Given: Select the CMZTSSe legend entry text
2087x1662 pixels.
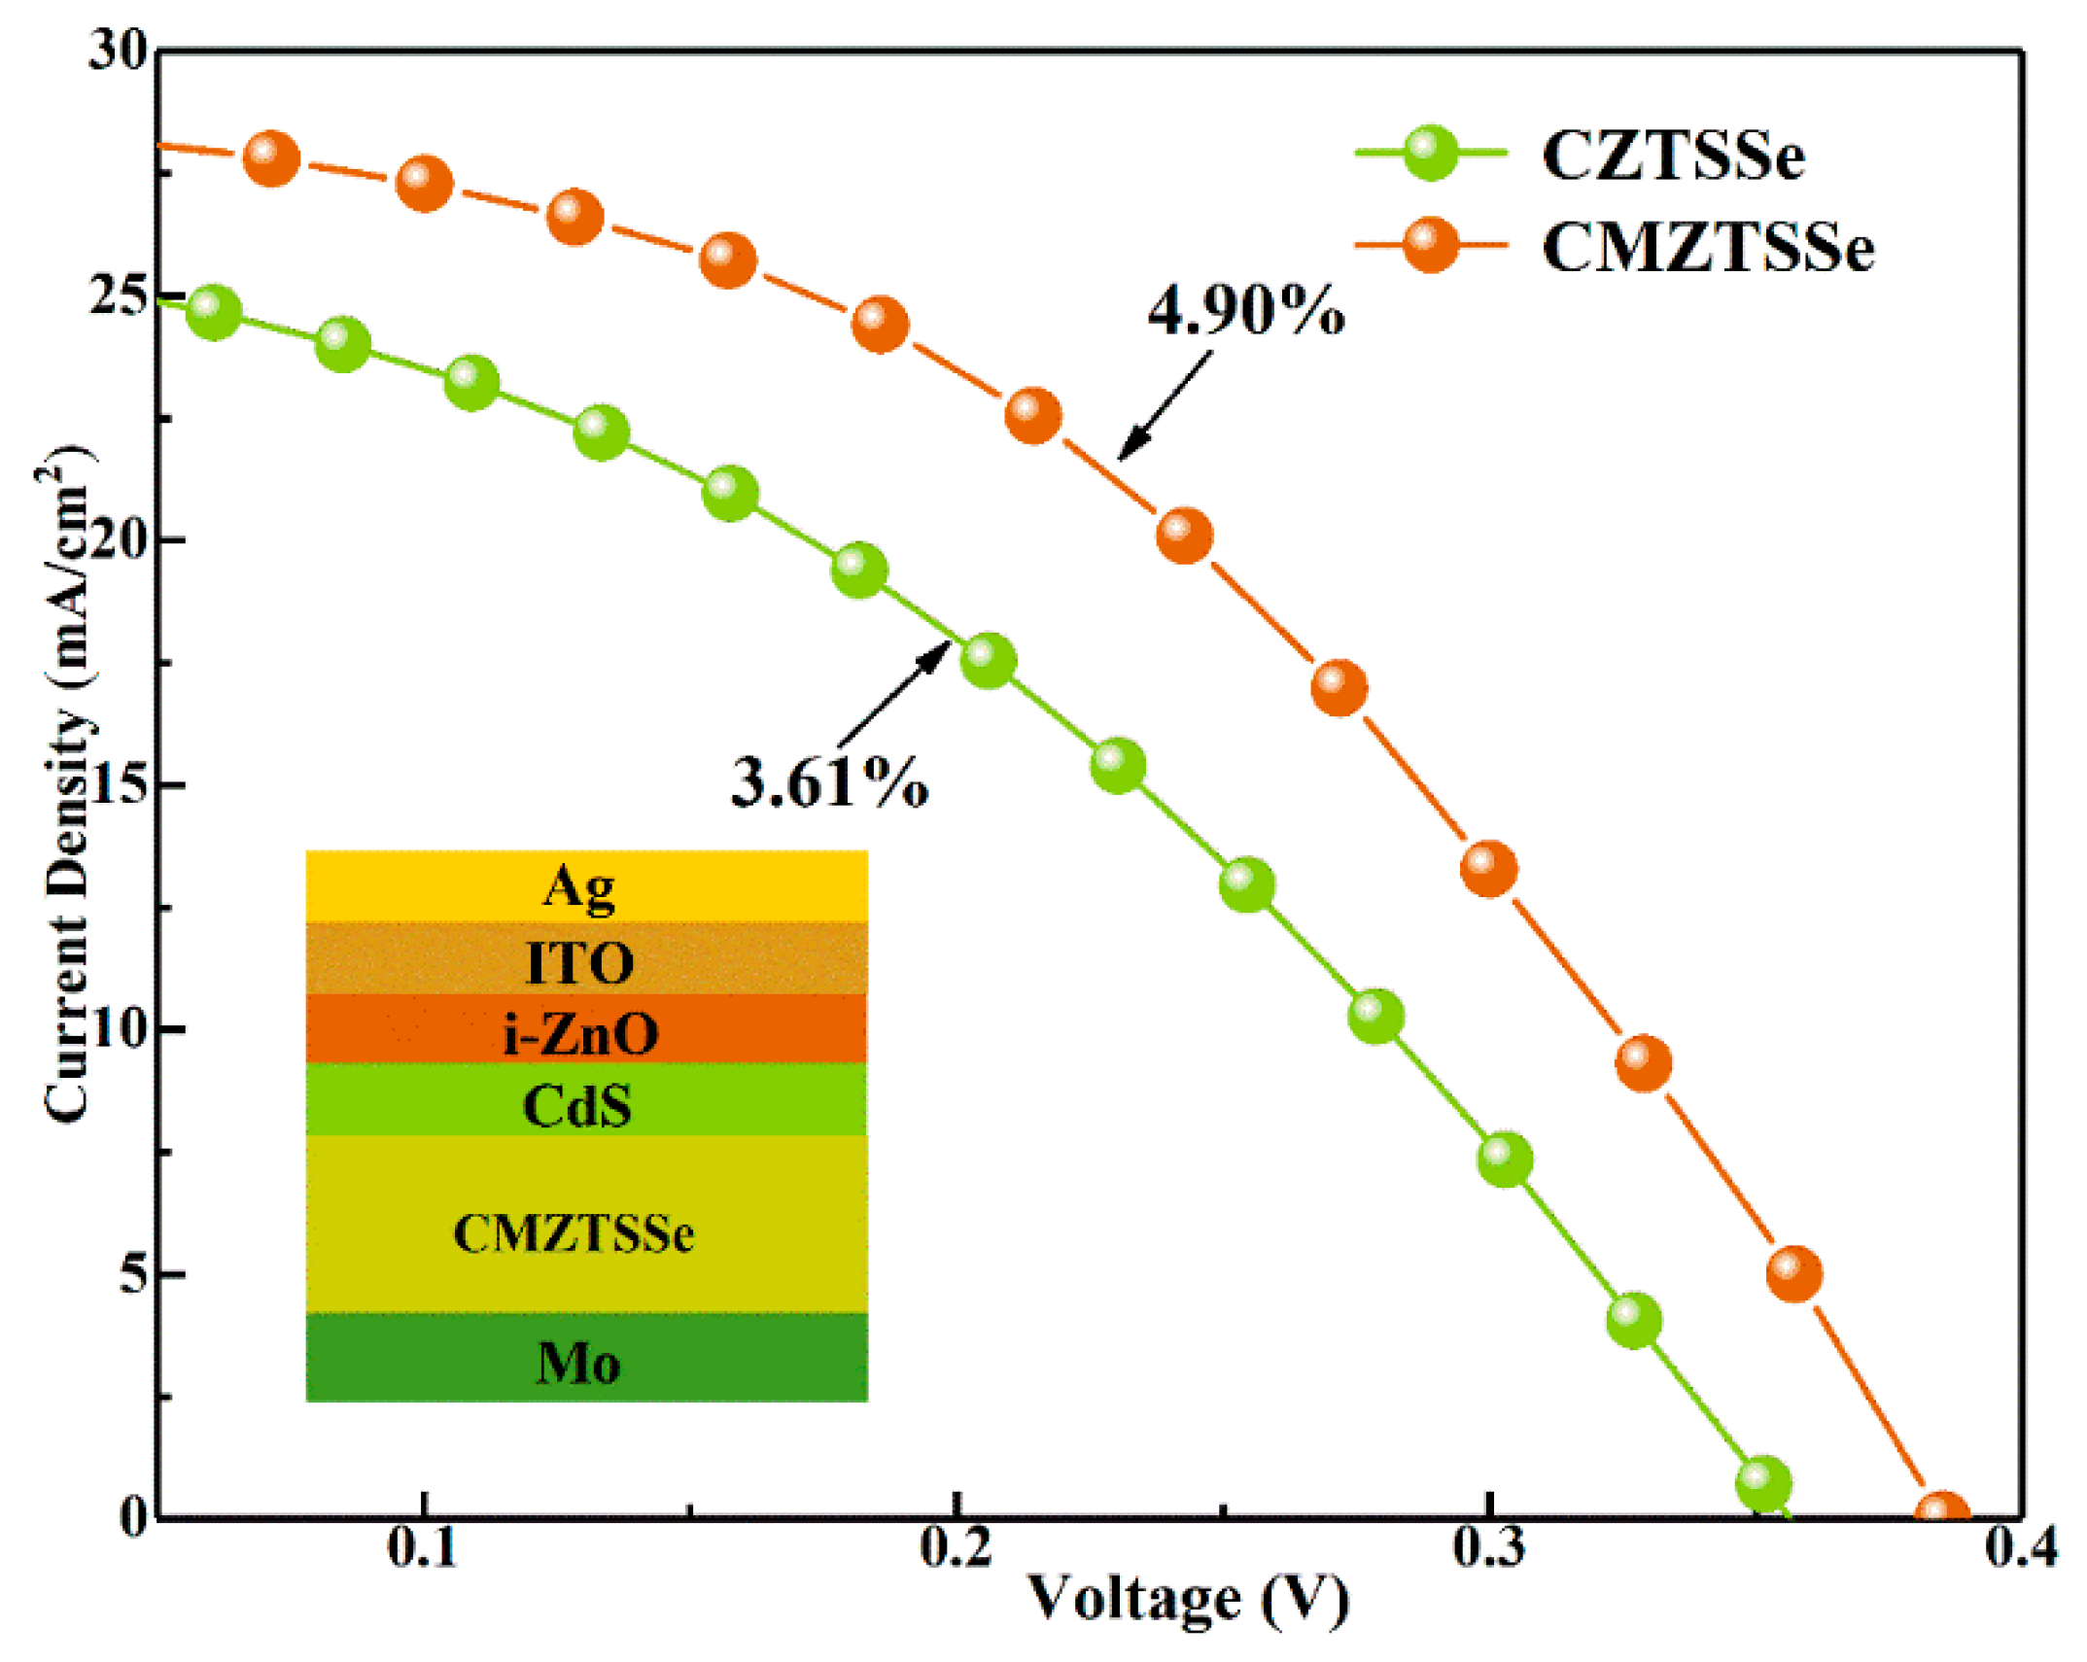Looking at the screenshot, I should (x=1706, y=247).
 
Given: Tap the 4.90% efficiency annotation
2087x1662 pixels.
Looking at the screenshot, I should (x=1245, y=312).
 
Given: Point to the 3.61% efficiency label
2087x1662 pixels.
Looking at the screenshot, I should (x=828, y=782).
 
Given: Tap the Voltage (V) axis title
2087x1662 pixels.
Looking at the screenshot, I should (x=1188, y=1600).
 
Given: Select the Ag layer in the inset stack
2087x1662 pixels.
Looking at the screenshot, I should (x=586, y=885).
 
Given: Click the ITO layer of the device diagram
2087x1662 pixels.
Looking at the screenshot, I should (x=586, y=959).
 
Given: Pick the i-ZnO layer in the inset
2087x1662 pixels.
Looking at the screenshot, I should (x=586, y=1030).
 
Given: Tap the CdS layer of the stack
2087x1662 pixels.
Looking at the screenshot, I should (x=586, y=1101).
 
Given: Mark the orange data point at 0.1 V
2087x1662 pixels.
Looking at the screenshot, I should (x=424, y=182).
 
